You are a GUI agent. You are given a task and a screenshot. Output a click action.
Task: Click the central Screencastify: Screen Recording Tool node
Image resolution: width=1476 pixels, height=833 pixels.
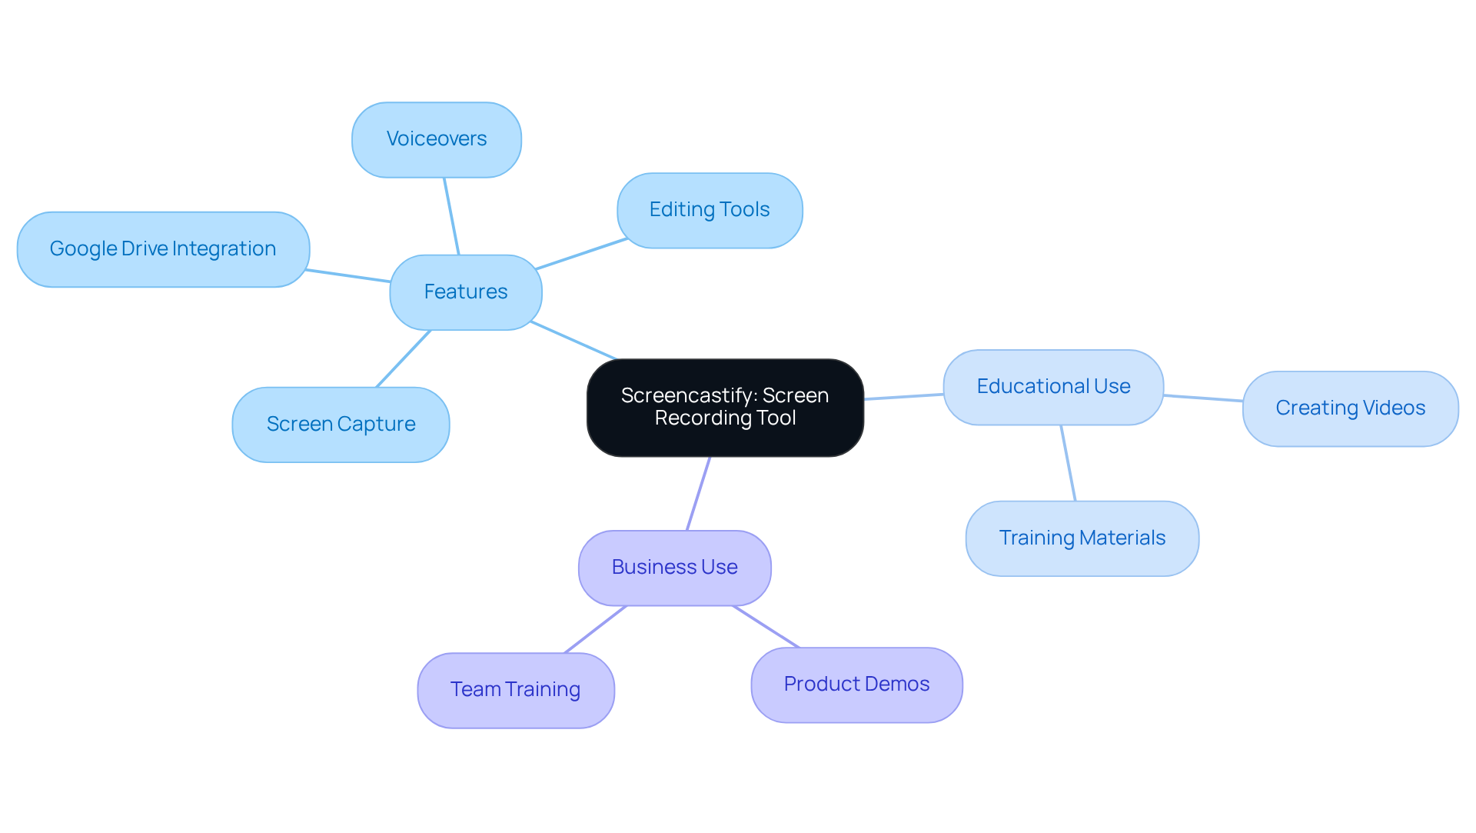(x=725, y=407)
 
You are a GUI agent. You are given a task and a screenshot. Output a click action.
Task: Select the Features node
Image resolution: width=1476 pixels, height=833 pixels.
(x=465, y=292)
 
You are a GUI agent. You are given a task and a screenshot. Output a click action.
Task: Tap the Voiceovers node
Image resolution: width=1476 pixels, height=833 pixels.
(x=436, y=139)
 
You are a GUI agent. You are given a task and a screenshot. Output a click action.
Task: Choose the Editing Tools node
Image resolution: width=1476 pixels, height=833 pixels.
(x=709, y=210)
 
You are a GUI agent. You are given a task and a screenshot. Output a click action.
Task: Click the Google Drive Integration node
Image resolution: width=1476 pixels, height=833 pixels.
(x=163, y=249)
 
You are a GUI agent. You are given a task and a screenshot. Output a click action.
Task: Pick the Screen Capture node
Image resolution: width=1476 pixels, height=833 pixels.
(x=341, y=425)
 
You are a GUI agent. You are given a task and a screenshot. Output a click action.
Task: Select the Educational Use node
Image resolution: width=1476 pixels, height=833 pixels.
(x=1052, y=387)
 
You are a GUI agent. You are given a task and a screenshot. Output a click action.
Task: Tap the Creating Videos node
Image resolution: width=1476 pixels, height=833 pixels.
(x=1350, y=408)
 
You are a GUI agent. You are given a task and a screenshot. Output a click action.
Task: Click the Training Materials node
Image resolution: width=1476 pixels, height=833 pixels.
(x=1082, y=538)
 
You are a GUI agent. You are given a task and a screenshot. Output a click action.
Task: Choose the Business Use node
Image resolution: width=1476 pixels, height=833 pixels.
(x=674, y=568)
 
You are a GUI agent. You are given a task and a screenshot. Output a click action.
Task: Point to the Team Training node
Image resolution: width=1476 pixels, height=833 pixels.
(x=515, y=690)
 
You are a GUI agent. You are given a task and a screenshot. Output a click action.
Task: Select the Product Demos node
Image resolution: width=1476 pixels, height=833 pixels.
(x=856, y=685)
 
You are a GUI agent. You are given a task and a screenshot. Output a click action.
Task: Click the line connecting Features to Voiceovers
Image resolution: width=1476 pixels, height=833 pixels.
(x=451, y=216)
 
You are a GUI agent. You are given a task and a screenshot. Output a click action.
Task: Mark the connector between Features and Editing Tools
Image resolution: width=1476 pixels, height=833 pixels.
(x=582, y=254)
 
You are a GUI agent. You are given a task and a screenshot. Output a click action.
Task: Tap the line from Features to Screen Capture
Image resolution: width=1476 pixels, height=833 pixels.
(x=404, y=358)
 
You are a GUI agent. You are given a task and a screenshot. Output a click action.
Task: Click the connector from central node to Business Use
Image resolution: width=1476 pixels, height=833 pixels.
(x=698, y=493)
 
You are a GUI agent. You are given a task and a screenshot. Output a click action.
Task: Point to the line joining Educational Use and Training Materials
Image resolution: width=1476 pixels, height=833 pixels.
(x=1068, y=463)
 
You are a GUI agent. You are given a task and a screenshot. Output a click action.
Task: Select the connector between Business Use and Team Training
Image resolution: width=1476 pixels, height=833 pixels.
(x=596, y=629)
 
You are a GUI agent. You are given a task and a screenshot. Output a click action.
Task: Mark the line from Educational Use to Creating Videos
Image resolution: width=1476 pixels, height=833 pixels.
(x=1203, y=398)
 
